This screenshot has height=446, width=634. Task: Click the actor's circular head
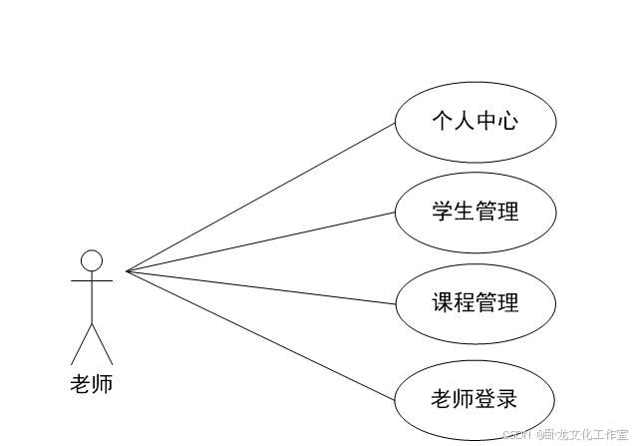[92, 261]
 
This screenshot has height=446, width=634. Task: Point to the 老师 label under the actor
[92, 384]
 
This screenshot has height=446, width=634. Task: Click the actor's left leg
[81, 344]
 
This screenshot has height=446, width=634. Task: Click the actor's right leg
[103, 344]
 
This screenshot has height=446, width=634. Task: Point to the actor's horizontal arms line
[92, 282]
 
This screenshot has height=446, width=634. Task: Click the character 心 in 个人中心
[508, 123]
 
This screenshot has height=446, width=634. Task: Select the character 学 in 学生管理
[443, 212]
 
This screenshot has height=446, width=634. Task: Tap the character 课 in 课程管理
[443, 301]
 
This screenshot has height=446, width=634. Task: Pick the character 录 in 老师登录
[508, 400]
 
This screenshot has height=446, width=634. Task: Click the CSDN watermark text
[517, 434]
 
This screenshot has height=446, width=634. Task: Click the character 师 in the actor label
[103, 384]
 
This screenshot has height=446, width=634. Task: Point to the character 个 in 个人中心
[443, 123]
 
